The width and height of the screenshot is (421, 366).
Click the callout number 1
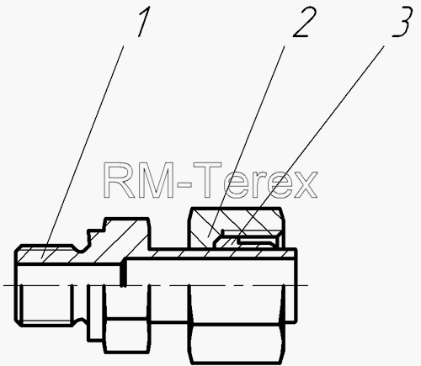pos(144,22)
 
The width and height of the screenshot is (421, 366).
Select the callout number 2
pos(305,22)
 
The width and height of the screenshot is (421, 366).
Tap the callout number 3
pos(402,22)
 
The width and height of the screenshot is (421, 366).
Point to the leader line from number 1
pos(83,151)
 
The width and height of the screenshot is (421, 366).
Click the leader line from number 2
pos(246,141)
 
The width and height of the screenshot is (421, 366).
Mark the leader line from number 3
pos(306,144)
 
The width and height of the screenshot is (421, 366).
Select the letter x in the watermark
pos(305,184)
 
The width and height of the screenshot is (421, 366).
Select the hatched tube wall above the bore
pos(210,254)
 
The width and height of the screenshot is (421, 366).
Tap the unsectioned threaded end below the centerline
pos(46,305)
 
